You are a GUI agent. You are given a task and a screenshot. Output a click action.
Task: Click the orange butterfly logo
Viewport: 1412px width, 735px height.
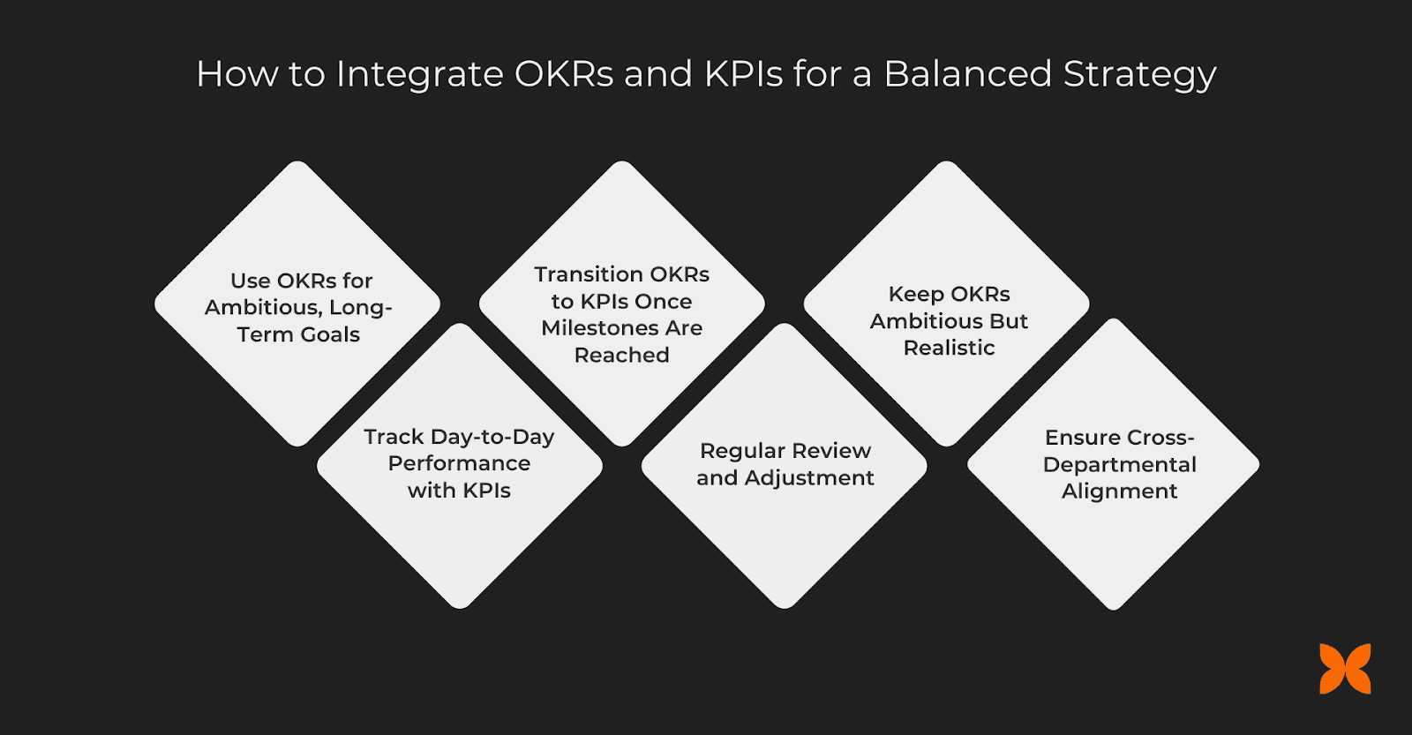(x=1345, y=669)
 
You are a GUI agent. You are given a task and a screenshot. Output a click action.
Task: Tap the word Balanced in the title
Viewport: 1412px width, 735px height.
(x=967, y=74)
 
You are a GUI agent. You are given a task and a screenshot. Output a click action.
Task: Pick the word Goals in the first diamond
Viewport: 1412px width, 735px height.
(x=330, y=335)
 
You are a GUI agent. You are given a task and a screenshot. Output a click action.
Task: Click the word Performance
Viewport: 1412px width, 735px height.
(x=459, y=464)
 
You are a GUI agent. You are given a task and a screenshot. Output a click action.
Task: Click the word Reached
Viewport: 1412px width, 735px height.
(x=621, y=356)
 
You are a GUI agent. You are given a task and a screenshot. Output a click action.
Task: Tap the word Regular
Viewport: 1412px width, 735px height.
(x=742, y=452)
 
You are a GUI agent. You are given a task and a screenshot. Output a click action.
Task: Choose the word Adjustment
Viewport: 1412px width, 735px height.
(x=809, y=478)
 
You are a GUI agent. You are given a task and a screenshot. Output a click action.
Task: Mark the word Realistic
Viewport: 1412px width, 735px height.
(x=949, y=349)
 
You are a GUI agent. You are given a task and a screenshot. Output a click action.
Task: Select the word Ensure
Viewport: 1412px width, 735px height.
(x=1082, y=439)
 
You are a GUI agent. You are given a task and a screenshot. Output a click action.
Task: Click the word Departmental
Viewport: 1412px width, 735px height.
(x=1119, y=465)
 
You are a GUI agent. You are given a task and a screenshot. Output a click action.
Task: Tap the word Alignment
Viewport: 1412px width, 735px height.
(x=1119, y=492)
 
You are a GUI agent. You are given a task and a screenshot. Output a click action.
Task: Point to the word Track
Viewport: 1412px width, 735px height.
(x=394, y=438)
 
